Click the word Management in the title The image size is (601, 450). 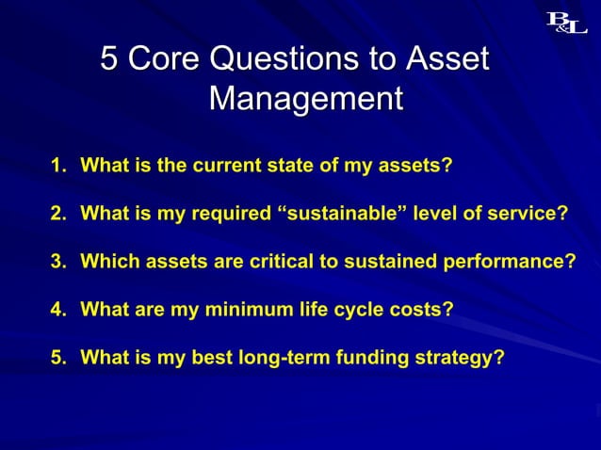click(x=306, y=97)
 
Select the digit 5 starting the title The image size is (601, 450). click(x=109, y=59)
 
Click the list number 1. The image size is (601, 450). click(x=58, y=167)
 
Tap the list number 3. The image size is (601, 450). click(x=58, y=262)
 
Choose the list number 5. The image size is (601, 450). click(x=58, y=358)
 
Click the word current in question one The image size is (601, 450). click(x=229, y=167)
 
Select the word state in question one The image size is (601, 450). click(x=295, y=167)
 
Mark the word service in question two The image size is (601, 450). click(x=530, y=215)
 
